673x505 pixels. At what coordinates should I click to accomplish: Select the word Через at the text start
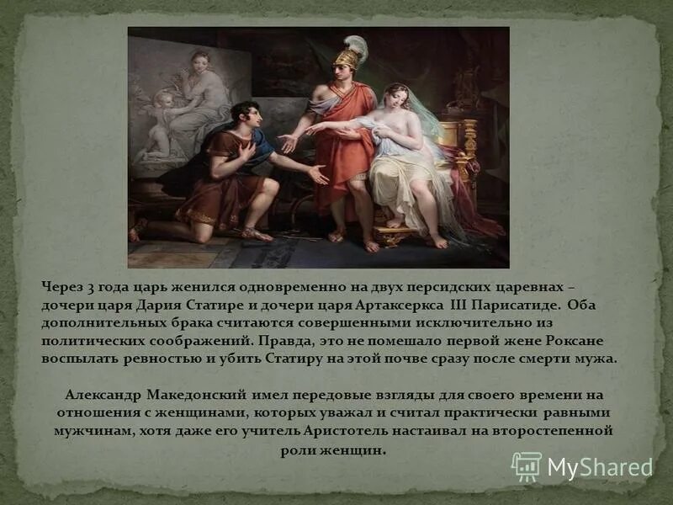tap(62, 285)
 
